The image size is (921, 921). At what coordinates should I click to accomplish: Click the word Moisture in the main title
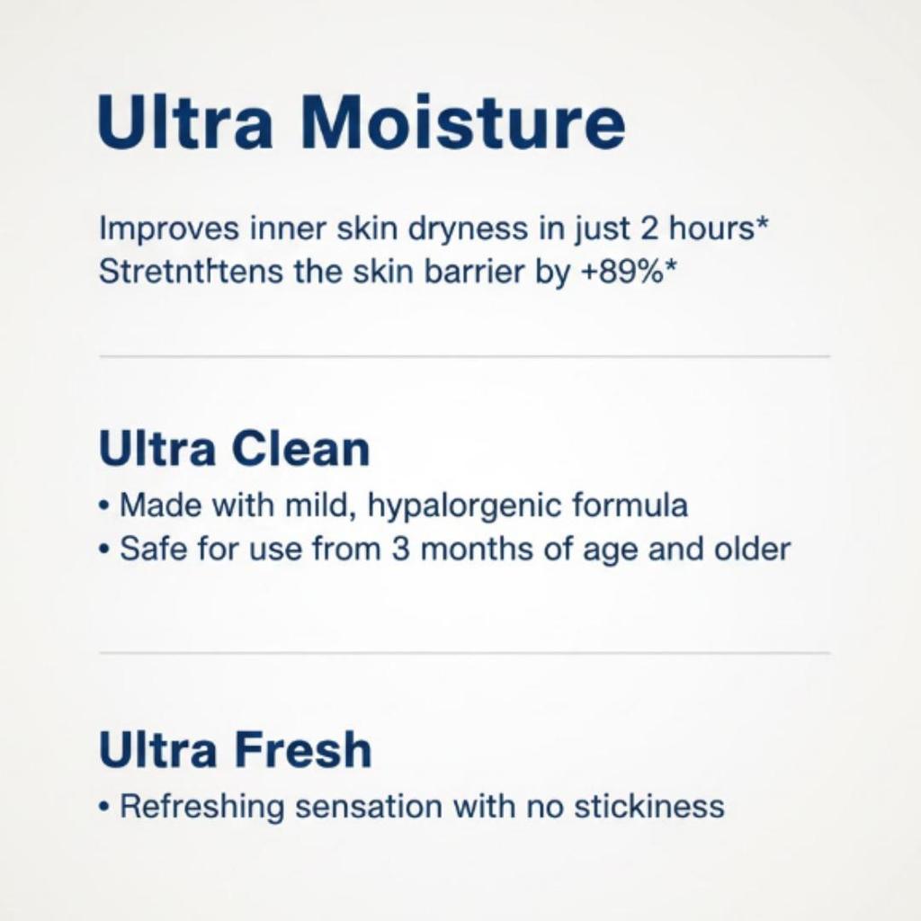coord(462,123)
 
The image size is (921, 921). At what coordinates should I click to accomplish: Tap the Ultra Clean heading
coord(234,449)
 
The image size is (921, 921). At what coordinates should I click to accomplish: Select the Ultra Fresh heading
coord(235,750)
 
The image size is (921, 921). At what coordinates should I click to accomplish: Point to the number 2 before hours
coord(649,229)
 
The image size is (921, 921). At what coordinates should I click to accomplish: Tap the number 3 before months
coord(401,549)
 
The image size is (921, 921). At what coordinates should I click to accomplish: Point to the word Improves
coord(169,230)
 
